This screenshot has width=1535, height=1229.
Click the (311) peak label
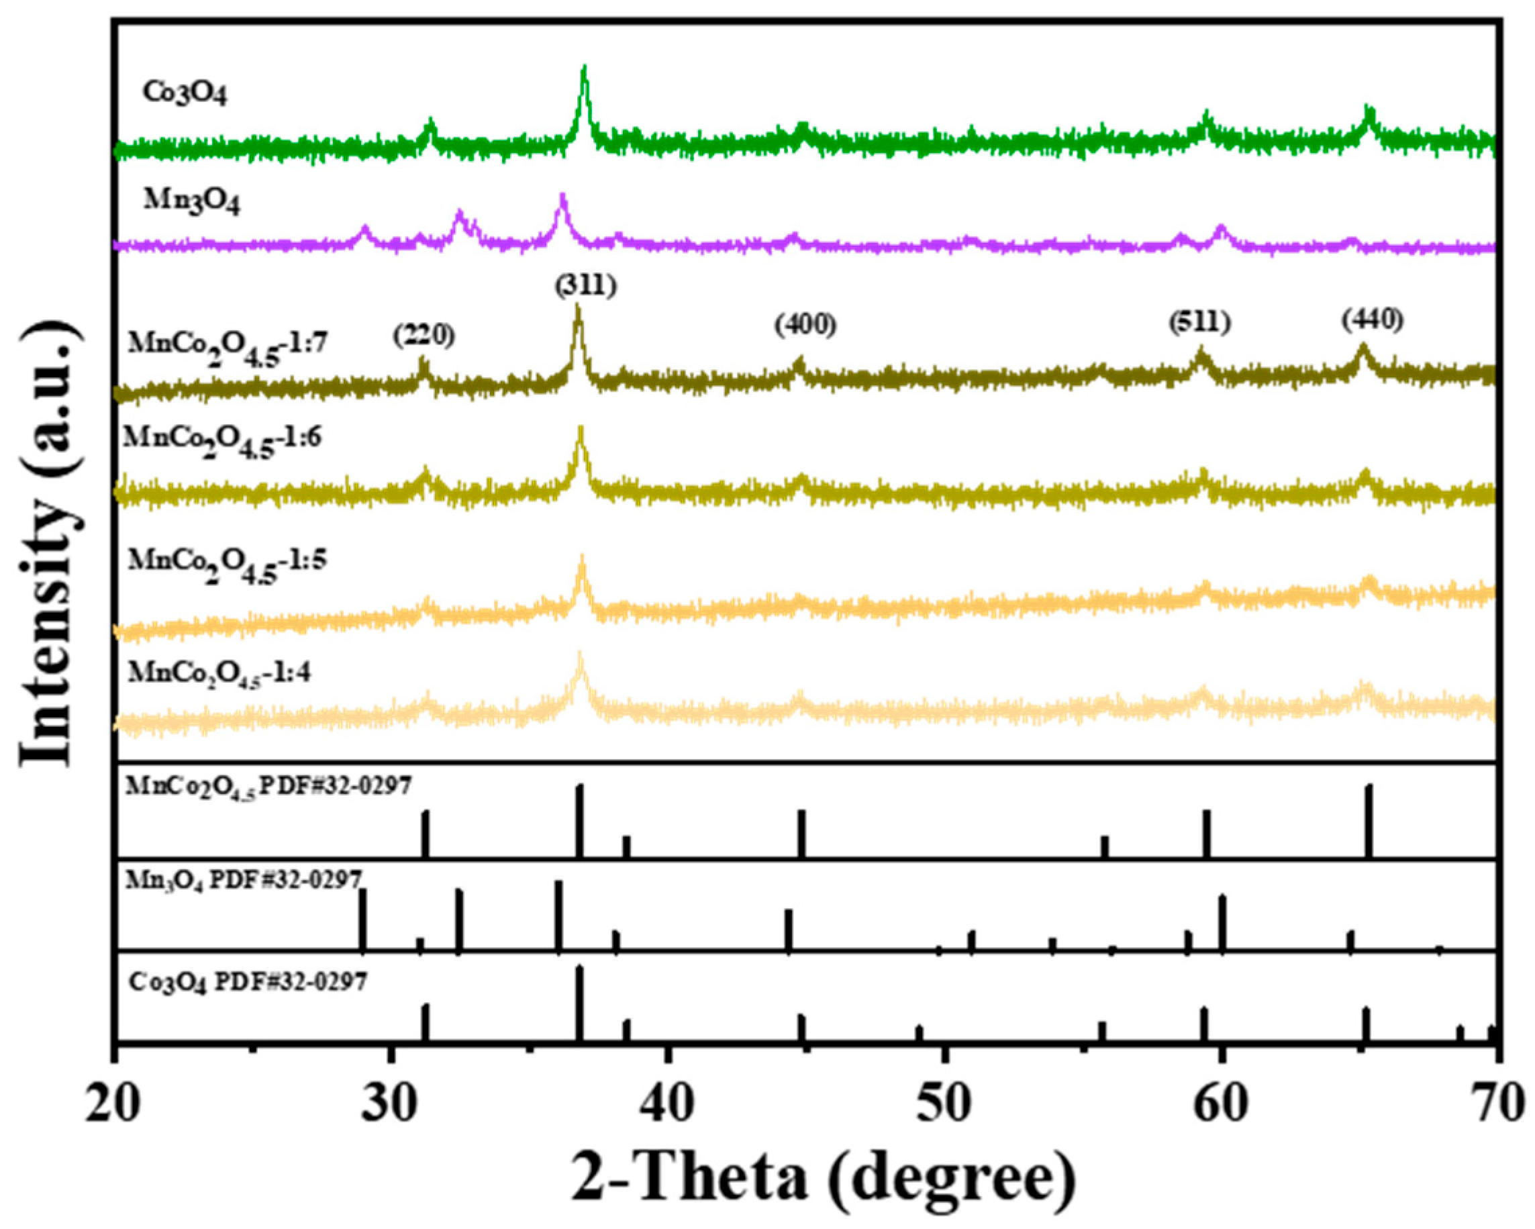[x=585, y=286]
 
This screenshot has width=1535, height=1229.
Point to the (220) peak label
[x=424, y=335]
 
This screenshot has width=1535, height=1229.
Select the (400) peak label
[x=805, y=326]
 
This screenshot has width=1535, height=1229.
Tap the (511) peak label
[x=1199, y=324]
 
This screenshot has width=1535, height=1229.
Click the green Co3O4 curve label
[x=185, y=93]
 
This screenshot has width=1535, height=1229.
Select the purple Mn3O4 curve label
[x=191, y=201]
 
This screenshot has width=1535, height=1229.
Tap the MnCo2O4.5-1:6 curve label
[x=223, y=440]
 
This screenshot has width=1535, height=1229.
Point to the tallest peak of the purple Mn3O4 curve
[x=562, y=196]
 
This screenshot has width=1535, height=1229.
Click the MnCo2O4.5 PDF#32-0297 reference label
[x=268, y=787]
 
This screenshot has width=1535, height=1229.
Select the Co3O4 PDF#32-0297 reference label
[x=248, y=983]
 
